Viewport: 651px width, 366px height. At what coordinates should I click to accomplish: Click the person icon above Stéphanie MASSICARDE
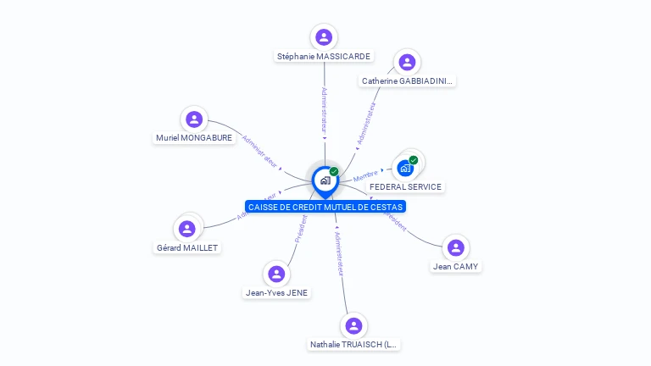pyautogui.click(x=323, y=36)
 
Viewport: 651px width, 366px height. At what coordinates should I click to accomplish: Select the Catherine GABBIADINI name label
pyautogui.click(x=408, y=81)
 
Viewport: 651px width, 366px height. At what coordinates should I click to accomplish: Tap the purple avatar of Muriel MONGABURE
pyautogui.click(x=193, y=119)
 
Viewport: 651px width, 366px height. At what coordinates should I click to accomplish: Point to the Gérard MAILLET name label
pyautogui.click(x=187, y=247)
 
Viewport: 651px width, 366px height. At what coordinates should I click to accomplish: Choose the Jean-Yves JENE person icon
pyautogui.click(x=275, y=274)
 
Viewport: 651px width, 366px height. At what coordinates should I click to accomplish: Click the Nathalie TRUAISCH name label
pyautogui.click(x=353, y=345)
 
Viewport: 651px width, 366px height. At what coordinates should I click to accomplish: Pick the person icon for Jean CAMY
pyautogui.click(x=455, y=247)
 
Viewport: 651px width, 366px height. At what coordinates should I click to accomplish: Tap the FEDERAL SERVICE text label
pyautogui.click(x=405, y=186)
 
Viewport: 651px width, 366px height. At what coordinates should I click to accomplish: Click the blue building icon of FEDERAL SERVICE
pyautogui.click(x=404, y=168)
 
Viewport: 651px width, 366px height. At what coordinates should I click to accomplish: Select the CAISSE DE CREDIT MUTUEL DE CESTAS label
pyautogui.click(x=325, y=207)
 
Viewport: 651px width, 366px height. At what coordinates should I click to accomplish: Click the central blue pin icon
pyautogui.click(x=324, y=180)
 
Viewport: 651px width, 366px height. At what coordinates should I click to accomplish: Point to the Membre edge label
pyautogui.click(x=365, y=176)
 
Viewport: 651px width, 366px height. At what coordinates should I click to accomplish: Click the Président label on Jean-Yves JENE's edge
pyautogui.click(x=301, y=229)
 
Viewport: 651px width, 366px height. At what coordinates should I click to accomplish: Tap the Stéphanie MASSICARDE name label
pyautogui.click(x=323, y=57)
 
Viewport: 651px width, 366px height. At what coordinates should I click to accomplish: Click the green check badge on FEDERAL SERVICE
pyautogui.click(x=414, y=160)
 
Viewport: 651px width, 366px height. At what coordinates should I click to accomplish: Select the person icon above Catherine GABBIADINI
pyautogui.click(x=407, y=62)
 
